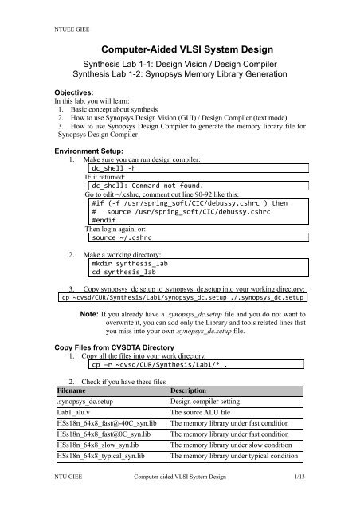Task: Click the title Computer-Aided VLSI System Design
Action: click(x=179, y=49)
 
